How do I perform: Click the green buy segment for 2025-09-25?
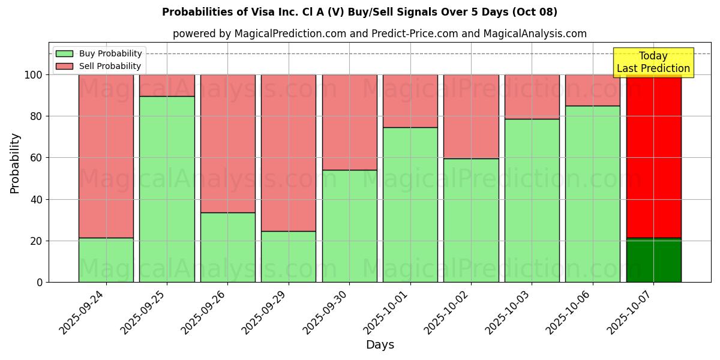[x=167, y=189]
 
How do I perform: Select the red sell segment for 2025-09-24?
[x=106, y=156]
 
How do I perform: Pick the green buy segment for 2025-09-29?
[x=289, y=256]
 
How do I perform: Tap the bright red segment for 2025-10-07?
[x=653, y=156]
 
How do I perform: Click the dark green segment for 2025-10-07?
[x=653, y=260]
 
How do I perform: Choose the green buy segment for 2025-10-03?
[x=532, y=200]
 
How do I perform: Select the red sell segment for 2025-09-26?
[x=227, y=143]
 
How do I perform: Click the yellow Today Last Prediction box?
[x=653, y=62]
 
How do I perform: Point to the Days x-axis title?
[x=380, y=345]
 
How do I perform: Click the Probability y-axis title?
[x=15, y=163]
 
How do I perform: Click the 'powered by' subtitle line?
[x=380, y=34]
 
